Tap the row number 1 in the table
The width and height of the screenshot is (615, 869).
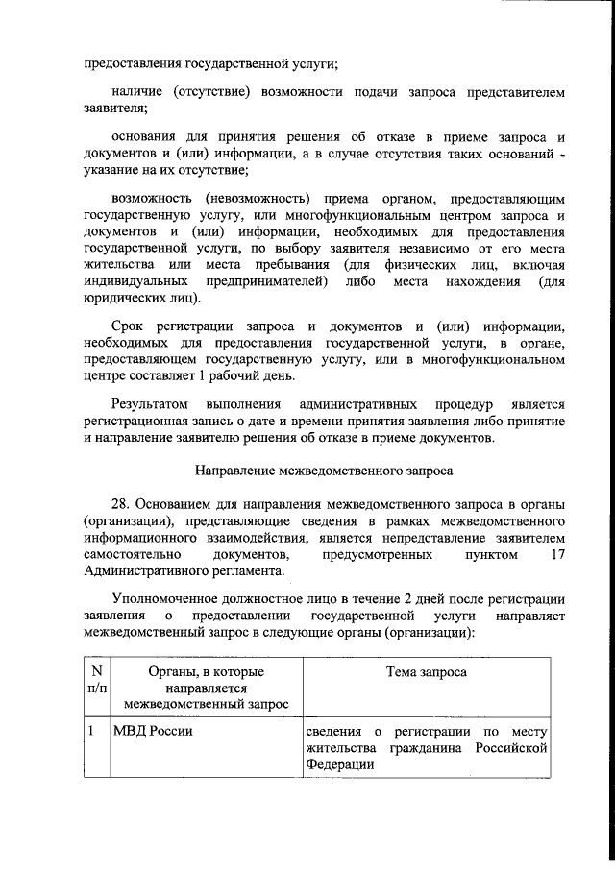(x=90, y=733)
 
